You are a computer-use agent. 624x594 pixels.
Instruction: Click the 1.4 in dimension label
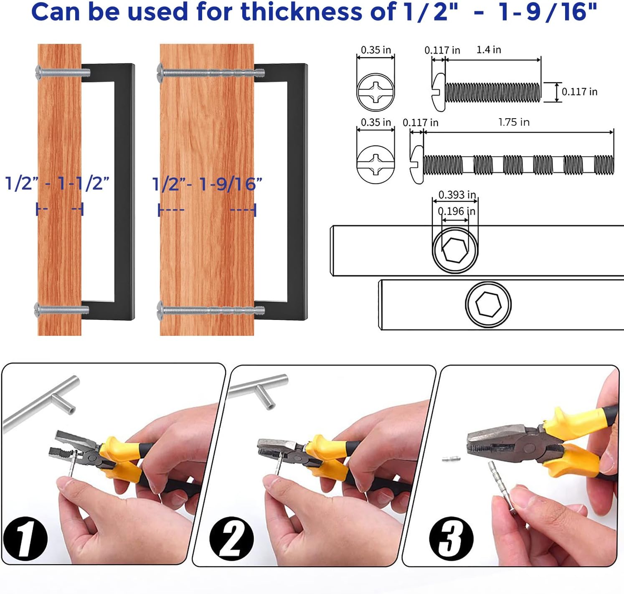tap(489, 50)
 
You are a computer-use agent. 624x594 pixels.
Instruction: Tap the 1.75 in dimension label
tap(514, 122)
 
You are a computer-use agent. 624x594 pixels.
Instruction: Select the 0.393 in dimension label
tap(457, 195)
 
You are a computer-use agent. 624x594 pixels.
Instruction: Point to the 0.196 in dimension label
tap(457, 211)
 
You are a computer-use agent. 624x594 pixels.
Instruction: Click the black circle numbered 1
tap(25, 538)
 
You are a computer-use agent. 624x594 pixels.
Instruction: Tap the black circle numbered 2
tap(232, 538)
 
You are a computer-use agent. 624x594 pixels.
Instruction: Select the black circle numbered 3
tap(451, 539)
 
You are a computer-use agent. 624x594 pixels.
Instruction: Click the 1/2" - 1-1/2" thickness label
tap(57, 183)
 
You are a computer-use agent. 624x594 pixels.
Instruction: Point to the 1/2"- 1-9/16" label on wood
tap(207, 185)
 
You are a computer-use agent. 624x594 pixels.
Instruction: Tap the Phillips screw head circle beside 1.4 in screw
tap(375, 92)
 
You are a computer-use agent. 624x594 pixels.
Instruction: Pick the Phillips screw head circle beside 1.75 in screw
tap(375, 165)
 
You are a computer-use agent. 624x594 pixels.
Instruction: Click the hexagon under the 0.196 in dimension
tap(455, 250)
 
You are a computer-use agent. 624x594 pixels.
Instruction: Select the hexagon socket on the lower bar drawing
tap(489, 305)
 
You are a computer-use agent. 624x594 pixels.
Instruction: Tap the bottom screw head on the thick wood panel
tap(160, 310)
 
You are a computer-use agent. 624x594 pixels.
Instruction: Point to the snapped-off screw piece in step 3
tap(452, 459)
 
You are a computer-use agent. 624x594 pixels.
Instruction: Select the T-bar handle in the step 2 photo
tap(258, 388)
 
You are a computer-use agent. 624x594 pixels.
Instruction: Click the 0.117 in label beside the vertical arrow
tap(580, 92)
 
